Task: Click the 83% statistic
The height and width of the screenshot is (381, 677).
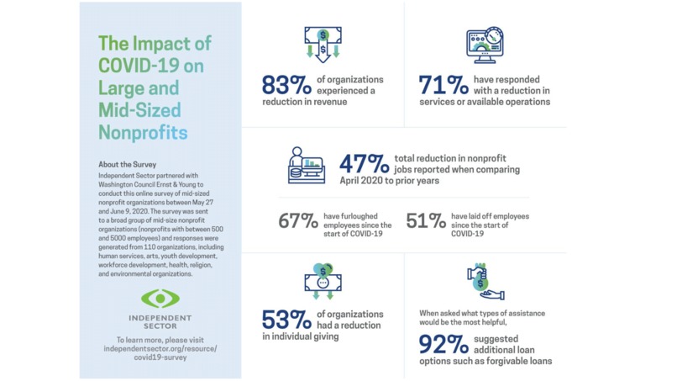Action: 286,86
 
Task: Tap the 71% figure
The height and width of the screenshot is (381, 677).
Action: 444,86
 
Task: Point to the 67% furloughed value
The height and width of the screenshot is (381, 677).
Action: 298,221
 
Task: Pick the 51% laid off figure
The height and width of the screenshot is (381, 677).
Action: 426,221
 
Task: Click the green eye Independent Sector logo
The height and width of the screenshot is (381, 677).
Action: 160,298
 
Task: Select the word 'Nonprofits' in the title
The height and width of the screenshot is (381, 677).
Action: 143,132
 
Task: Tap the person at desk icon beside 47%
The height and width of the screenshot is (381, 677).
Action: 306,165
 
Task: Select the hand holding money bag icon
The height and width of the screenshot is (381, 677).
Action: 484,283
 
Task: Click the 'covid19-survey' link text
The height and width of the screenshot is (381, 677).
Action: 160,357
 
